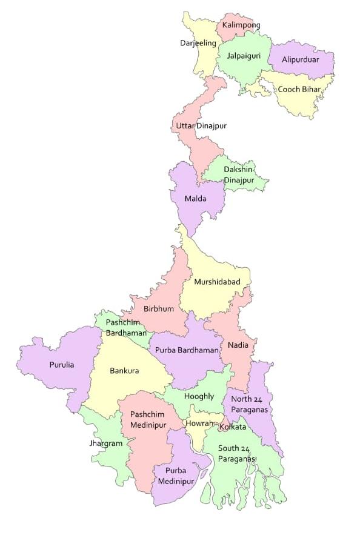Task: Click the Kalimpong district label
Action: (241, 25)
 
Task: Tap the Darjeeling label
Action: (198, 43)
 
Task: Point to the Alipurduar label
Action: (301, 60)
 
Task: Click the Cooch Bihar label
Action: (299, 90)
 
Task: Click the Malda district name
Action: (196, 199)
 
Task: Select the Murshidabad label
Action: (217, 282)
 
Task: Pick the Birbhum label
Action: (159, 308)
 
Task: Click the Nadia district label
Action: (238, 345)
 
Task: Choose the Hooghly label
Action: (199, 396)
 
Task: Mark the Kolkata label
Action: (233, 427)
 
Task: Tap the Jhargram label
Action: (106, 443)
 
